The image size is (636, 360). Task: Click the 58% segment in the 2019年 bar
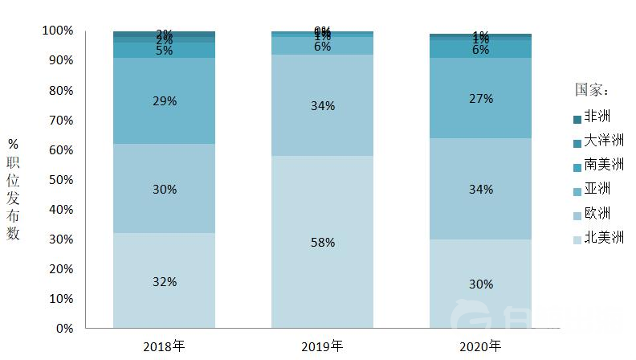pyautogui.click(x=322, y=242)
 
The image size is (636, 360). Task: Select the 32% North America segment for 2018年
pyautogui.click(x=164, y=281)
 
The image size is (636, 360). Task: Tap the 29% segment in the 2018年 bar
pyautogui.click(x=164, y=101)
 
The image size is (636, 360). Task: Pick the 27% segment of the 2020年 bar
pyautogui.click(x=480, y=98)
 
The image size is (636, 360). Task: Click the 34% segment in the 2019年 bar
pyautogui.click(x=322, y=105)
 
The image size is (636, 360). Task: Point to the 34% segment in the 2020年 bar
pyautogui.click(x=480, y=189)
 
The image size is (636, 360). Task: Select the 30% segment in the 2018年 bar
pyautogui.click(x=164, y=189)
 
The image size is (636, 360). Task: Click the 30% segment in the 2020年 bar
pyautogui.click(x=480, y=284)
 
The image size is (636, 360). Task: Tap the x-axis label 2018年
pyautogui.click(x=164, y=347)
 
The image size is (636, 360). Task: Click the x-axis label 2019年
pyautogui.click(x=322, y=347)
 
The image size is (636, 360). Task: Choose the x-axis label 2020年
pyautogui.click(x=480, y=347)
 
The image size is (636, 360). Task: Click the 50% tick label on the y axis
pyautogui.click(x=60, y=179)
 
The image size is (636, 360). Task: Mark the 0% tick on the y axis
pyautogui.click(x=63, y=328)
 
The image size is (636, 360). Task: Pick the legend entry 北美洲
pyautogui.click(x=603, y=237)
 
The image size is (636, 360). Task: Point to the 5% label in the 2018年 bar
pyautogui.click(x=164, y=50)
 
